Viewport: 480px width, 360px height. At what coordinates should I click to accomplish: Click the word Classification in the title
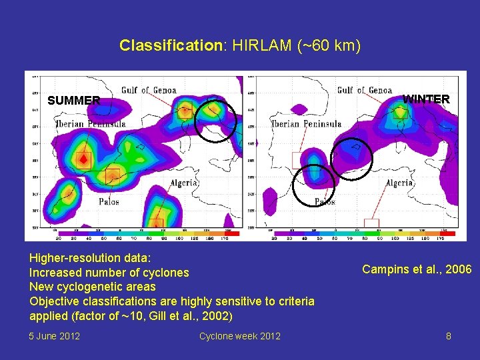point(170,46)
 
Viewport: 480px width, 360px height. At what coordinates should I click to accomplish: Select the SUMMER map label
point(74,101)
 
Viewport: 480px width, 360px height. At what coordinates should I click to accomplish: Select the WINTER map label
point(426,99)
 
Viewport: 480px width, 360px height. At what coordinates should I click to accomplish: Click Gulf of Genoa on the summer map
point(149,90)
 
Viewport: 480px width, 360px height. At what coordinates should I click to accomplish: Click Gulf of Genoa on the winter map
point(364,90)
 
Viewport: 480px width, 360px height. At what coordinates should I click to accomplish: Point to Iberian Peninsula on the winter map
point(306,123)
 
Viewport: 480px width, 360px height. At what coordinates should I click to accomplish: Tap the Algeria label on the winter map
point(399,182)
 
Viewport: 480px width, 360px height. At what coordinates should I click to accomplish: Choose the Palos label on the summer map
point(109,201)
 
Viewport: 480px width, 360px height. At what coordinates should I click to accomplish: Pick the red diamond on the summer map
point(83,160)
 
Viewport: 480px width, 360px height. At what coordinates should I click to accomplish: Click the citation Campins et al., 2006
point(417,269)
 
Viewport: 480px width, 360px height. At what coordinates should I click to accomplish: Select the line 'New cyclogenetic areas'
point(92,287)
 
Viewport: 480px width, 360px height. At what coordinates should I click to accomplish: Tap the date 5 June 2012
point(55,336)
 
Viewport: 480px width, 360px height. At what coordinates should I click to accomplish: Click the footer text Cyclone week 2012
point(239,336)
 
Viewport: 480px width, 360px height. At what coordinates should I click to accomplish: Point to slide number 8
point(449,336)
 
